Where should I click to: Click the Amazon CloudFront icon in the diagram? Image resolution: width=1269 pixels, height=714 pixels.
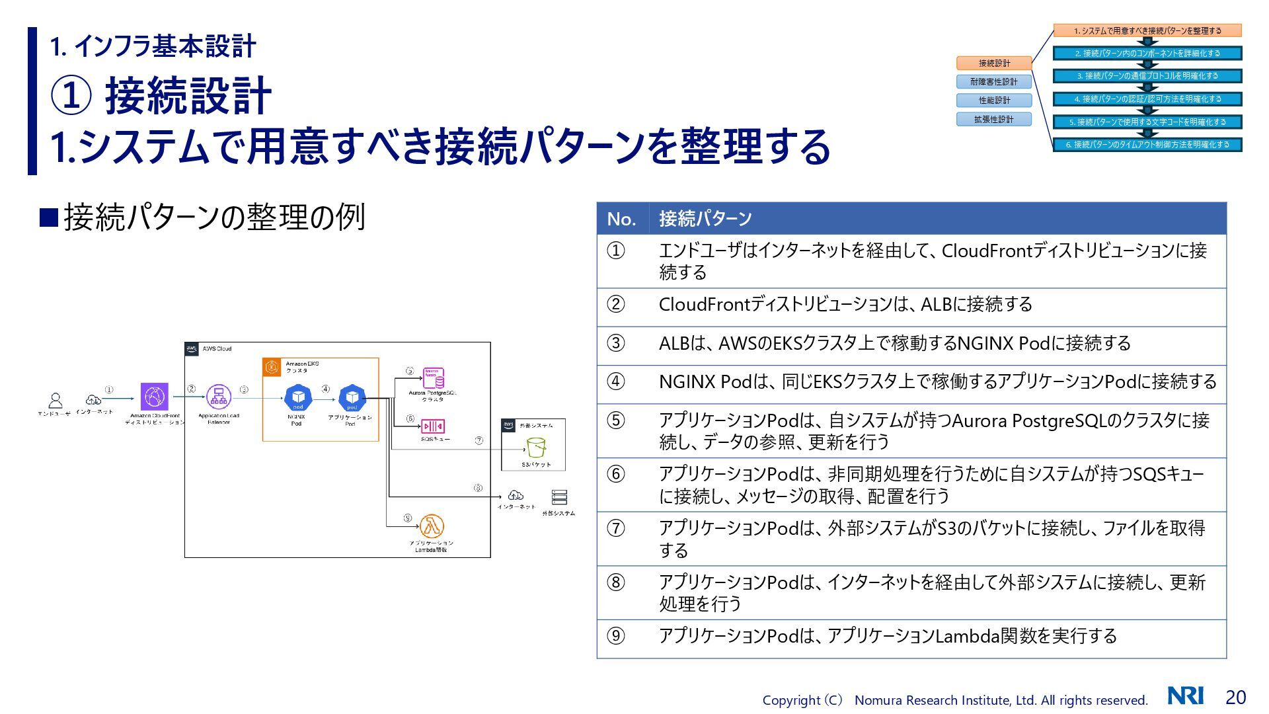(x=154, y=397)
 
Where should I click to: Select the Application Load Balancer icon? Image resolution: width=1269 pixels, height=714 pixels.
(x=219, y=397)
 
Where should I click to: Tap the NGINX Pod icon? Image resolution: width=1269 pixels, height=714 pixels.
(x=297, y=397)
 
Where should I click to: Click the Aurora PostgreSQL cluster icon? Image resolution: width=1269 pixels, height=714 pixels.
(x=434, y=378)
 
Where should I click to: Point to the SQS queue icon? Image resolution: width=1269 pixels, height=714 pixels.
(x=434, y=426)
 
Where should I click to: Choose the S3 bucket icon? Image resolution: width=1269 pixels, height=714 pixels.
(x=536, y=448)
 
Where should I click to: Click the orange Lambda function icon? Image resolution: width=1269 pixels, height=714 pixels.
(x=432, y=527)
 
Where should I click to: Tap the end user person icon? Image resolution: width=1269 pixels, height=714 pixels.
(x=56, y=400)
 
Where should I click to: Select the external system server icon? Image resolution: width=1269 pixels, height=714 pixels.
(x=559, y=497)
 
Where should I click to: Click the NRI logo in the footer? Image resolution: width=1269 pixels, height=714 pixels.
(x=1186, y=696)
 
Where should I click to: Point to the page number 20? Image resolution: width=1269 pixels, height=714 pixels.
(x=1235, y=697)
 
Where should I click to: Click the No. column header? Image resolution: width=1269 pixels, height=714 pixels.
(x=621, y=219)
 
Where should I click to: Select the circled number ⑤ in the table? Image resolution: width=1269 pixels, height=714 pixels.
(x=616, y=420)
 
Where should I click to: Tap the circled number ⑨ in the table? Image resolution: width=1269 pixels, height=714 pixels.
(x=616, y=636)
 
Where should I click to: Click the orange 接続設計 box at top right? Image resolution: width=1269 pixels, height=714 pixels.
(x=994, y=63)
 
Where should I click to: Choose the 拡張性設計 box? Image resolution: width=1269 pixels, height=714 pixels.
(x=994, y=120)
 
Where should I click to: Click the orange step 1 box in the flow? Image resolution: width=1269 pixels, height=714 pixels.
(x=1147, y=30)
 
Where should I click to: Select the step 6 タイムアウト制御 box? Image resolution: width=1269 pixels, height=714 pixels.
(x=1147, y=145)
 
